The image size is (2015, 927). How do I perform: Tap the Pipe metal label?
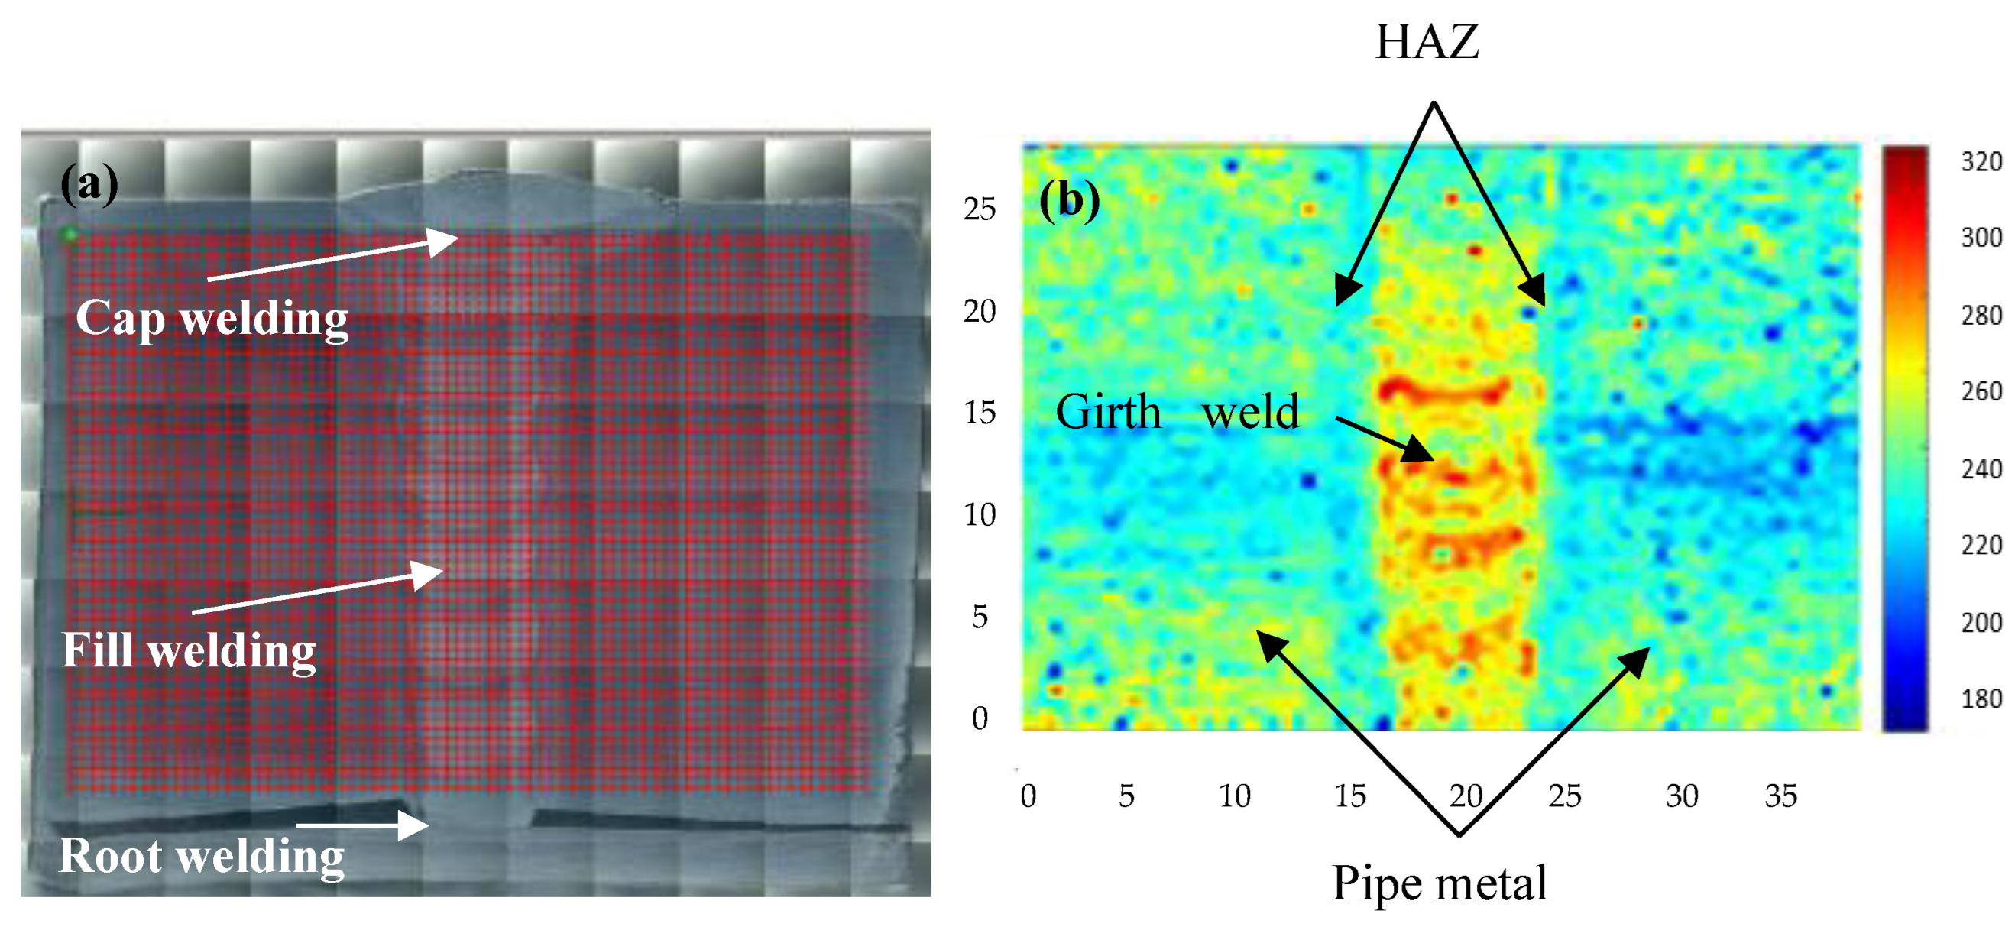(x=1440, y=883)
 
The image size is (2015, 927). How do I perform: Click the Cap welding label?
(x=212, y=319)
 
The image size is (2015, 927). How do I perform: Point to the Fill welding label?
(x=189, y=650)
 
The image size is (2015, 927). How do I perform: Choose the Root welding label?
(x=201, y=855)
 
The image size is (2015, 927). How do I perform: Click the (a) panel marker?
(x=89, y=184)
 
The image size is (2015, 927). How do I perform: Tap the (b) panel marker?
(x=1068, y=199)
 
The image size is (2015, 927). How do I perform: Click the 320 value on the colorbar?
(x=1981, y=162)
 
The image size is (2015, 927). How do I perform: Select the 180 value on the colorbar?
(x=1981, y=698)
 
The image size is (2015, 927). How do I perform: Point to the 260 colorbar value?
(x=1981, y=391)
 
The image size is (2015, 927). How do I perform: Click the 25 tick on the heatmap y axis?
(x=980, y=209)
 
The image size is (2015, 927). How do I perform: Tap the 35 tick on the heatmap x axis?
(x=1781, y=796)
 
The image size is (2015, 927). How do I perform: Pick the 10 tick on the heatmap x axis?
(x=1234, y=796)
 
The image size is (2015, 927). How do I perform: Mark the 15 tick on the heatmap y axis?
(x=980, y=412)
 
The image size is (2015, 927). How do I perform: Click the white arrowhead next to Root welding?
(x=415, y=825)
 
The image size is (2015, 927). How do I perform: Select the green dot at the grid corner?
(x=70, y=233)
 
